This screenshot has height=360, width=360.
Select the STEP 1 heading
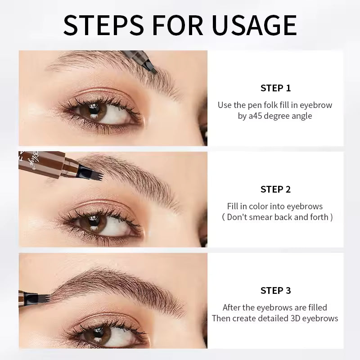pyautogui.click(x=275, y=88)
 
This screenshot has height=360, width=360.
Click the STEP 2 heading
pyautogui.click(x=275, y=189)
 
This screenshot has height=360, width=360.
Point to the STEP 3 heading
pyautogui.click(x=275, y=291)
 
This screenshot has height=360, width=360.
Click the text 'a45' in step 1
pyautogui.click(x=256, y=116)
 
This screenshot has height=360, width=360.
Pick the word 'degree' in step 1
pyautogui.click(x=282, y=116)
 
